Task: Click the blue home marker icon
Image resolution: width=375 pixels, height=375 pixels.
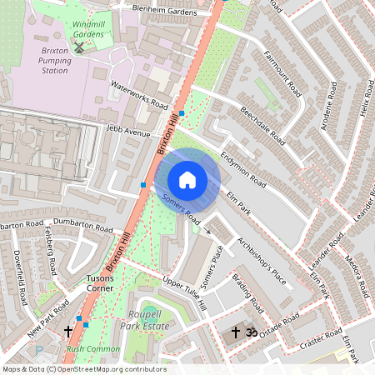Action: click(x=187, y=179)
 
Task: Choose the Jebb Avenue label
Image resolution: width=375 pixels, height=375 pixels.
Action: click(x=128, y=132)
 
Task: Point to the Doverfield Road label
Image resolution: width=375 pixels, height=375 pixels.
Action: click(x=21, y=280)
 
